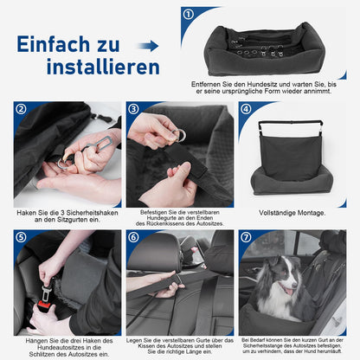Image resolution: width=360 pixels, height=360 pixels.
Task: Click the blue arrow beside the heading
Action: click(x=148, y=45)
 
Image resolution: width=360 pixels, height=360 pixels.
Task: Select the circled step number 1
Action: click(x=188, y=15)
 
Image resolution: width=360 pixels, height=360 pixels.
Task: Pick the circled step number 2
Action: click(x=21, y=109)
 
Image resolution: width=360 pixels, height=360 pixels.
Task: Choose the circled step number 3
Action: click(x=133, y=109)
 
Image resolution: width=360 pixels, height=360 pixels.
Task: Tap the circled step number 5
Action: click(x=21, y=236)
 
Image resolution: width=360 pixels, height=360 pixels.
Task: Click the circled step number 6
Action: click(x=133, y=236)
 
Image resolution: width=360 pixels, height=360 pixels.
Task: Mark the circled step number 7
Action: click(x=246, y=236)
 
